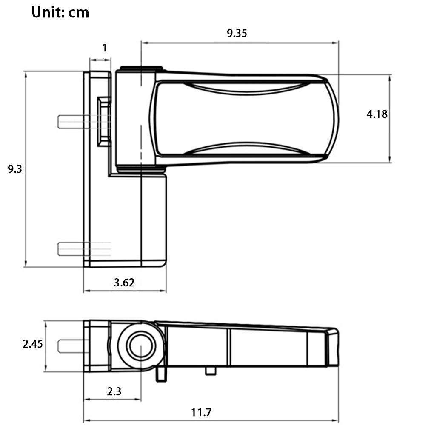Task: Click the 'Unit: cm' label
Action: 60,12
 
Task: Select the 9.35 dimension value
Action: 237,33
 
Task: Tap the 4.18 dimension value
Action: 377,114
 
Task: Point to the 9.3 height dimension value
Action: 14,169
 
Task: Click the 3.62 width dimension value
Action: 124,283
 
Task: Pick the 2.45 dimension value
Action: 33,344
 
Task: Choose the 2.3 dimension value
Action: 114,391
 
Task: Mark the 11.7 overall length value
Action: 201,412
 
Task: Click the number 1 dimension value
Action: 104,48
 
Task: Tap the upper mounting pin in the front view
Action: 74,122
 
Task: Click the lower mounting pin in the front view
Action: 74,249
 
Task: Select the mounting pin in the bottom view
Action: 72,346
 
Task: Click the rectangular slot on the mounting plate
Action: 103,122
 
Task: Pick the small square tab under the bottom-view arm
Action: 210,371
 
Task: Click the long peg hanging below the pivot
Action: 161,374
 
